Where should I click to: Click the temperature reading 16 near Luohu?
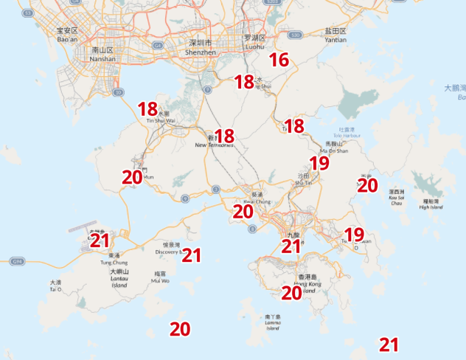tap(278, 60)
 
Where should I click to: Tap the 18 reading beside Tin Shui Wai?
tap(147, 109)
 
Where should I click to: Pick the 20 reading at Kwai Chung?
tap(243, 211)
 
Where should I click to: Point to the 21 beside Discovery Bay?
tap(192, 255)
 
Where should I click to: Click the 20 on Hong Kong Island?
tap(291, 293)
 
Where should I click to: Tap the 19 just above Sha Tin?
tap(319, 163)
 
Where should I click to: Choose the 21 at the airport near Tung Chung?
tap(100, 240)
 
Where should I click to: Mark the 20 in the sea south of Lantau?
tap(180, 329)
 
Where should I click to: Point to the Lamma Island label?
tap(272, 322)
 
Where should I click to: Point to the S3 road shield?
tap(28, 13)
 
